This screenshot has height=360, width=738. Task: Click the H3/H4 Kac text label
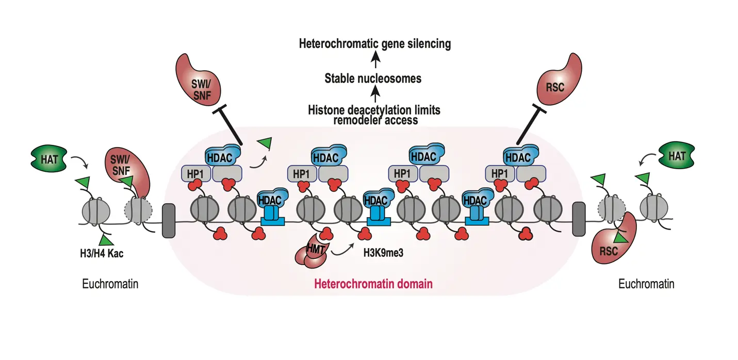100,253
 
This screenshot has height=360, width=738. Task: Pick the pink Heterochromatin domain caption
373,284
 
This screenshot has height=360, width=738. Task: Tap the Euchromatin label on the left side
110,284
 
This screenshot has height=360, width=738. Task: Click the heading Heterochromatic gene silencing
375,44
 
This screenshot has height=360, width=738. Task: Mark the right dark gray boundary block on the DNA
579,219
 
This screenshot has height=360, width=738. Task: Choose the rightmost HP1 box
499,174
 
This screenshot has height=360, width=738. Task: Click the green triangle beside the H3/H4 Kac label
106,240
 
